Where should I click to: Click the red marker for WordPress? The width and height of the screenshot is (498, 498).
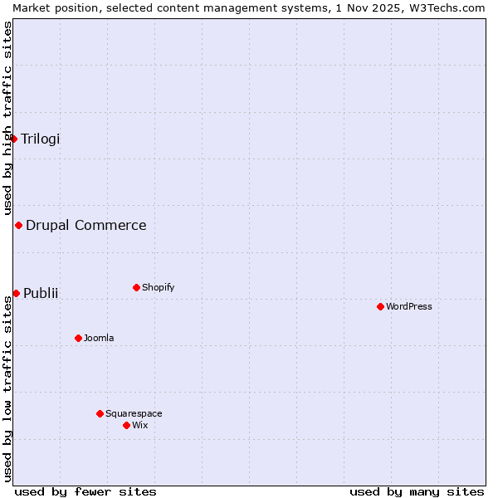380,306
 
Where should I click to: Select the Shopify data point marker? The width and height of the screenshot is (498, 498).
136,287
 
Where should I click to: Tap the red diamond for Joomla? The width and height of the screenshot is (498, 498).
78,338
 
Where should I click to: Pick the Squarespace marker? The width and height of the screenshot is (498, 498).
100,413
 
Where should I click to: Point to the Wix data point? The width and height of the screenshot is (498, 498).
126,425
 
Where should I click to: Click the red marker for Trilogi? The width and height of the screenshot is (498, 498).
14,139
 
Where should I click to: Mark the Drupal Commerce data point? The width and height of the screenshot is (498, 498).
18,225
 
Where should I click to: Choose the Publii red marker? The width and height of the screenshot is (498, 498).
16,293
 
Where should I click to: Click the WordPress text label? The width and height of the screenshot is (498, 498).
408,306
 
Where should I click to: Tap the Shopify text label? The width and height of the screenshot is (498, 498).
158,287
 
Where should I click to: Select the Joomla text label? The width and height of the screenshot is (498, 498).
99,338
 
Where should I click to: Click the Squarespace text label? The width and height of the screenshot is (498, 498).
134,413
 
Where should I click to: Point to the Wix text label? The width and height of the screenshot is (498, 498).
139,425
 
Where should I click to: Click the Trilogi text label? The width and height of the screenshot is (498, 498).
41,139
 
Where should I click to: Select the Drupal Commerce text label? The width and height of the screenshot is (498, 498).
86,225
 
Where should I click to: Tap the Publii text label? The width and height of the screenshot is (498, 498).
41,293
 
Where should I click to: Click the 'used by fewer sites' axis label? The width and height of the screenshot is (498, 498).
85,491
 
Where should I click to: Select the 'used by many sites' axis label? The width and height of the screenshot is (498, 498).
417,491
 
